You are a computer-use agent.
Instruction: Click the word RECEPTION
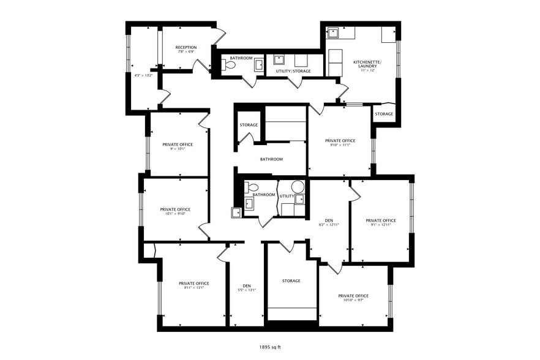[x=186, y=47]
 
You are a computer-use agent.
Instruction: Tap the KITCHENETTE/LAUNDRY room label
[x=367, y=64]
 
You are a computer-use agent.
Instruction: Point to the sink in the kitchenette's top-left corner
[x=332, y=32]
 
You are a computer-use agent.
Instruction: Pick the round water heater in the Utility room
[x=298, y=186]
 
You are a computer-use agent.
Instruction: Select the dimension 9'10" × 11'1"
[x=340, y=145]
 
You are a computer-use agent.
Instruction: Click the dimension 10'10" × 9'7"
[x=353, y=301]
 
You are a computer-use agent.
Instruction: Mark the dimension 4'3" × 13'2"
[x=143, y=75]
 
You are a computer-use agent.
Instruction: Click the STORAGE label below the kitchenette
[x=384, y=114]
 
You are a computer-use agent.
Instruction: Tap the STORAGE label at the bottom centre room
[x=291, y=280]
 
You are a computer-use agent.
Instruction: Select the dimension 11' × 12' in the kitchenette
[x=367, y=70]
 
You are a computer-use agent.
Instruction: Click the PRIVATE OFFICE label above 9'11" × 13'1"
[x=194, y=283]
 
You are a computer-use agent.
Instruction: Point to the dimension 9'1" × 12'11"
[x=380, y=225]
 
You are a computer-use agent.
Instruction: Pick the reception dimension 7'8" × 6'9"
[x=186, y=52]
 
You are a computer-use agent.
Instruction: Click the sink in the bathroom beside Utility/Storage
[x=258, y=64]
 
